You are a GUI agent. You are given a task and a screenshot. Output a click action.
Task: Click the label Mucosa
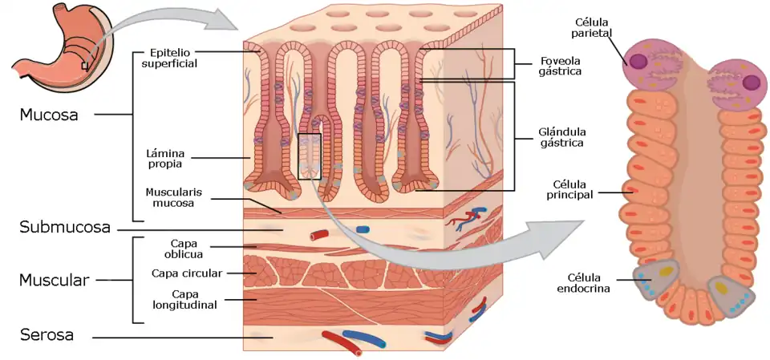[49, 115]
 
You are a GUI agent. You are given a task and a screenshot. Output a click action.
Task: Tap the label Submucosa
[64, 228]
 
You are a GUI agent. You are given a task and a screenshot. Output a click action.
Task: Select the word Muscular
[53, 281]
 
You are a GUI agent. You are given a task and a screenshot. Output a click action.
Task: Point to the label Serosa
[47, 335]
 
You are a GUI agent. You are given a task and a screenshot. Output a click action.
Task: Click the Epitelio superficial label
[169, 58]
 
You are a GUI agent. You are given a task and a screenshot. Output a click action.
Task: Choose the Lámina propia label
[164, 157]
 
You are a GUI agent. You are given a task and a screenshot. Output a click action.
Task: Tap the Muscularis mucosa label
[169, 197]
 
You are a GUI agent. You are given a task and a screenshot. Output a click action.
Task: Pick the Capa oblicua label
[185, 249]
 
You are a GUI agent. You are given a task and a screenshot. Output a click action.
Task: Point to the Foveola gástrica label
[560, 65]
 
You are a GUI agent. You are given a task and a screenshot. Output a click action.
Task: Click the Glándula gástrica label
[561, 137]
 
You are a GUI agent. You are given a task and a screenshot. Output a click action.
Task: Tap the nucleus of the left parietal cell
[638, 61]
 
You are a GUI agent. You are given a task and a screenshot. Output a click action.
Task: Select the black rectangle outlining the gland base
[309, 156]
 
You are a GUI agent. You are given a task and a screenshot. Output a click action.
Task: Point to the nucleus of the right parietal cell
[752, 82]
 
